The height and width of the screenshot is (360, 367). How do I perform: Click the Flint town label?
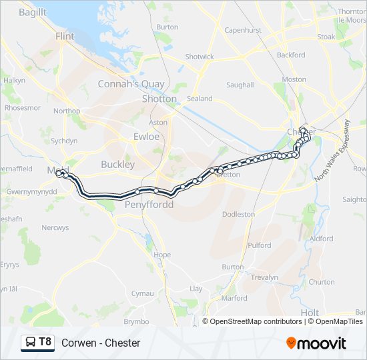(65, 36)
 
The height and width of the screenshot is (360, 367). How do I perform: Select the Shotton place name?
(159, 99)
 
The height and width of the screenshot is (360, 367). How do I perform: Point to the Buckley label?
(117, 164)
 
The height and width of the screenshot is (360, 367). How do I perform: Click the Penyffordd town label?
(149, 205)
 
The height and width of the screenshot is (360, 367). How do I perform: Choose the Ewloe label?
(146, 136)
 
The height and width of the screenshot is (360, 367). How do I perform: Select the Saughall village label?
(240, 85)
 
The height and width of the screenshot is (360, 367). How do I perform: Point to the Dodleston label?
(238, 214)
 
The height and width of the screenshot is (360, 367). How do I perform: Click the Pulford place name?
(259, 245)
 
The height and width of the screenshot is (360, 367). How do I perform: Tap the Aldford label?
(321, 238)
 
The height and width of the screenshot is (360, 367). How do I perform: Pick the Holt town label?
(310, 312)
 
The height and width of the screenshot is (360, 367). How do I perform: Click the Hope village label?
(162, 255)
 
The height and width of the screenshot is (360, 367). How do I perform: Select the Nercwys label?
(55, 227)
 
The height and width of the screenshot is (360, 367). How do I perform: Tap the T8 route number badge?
(45, 342)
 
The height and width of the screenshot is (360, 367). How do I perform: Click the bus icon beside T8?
(31, 343)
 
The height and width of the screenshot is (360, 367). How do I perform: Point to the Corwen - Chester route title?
(101, 343)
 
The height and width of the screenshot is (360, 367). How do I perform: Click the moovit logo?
(316, 343)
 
